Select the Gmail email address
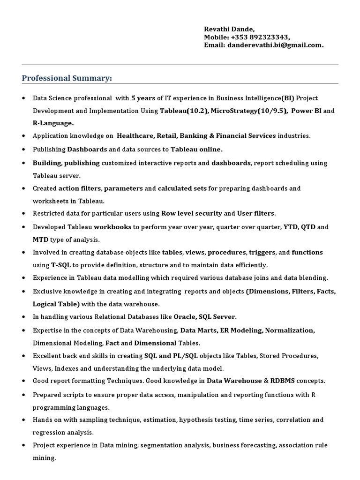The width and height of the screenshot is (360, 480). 275,45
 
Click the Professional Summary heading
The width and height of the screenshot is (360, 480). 67,78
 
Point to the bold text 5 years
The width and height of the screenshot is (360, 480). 143,98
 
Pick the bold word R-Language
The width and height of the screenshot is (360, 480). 53,123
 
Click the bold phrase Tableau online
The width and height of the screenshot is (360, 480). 196,150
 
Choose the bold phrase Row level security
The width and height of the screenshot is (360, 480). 192,213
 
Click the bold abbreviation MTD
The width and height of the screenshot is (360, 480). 40,240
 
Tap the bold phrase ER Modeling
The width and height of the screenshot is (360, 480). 240,330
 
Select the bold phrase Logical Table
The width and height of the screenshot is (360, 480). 56,304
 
